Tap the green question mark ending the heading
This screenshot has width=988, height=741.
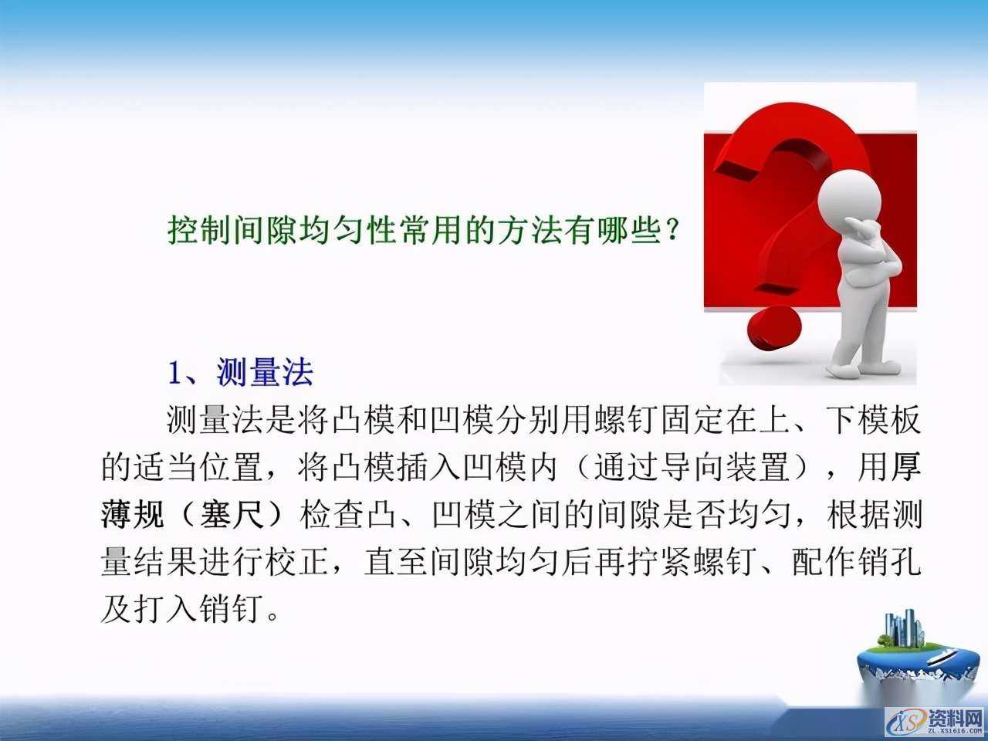tap(672, 230)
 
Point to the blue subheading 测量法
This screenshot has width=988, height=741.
tap(265, 373)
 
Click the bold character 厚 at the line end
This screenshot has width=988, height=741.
tap(906, 468)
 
